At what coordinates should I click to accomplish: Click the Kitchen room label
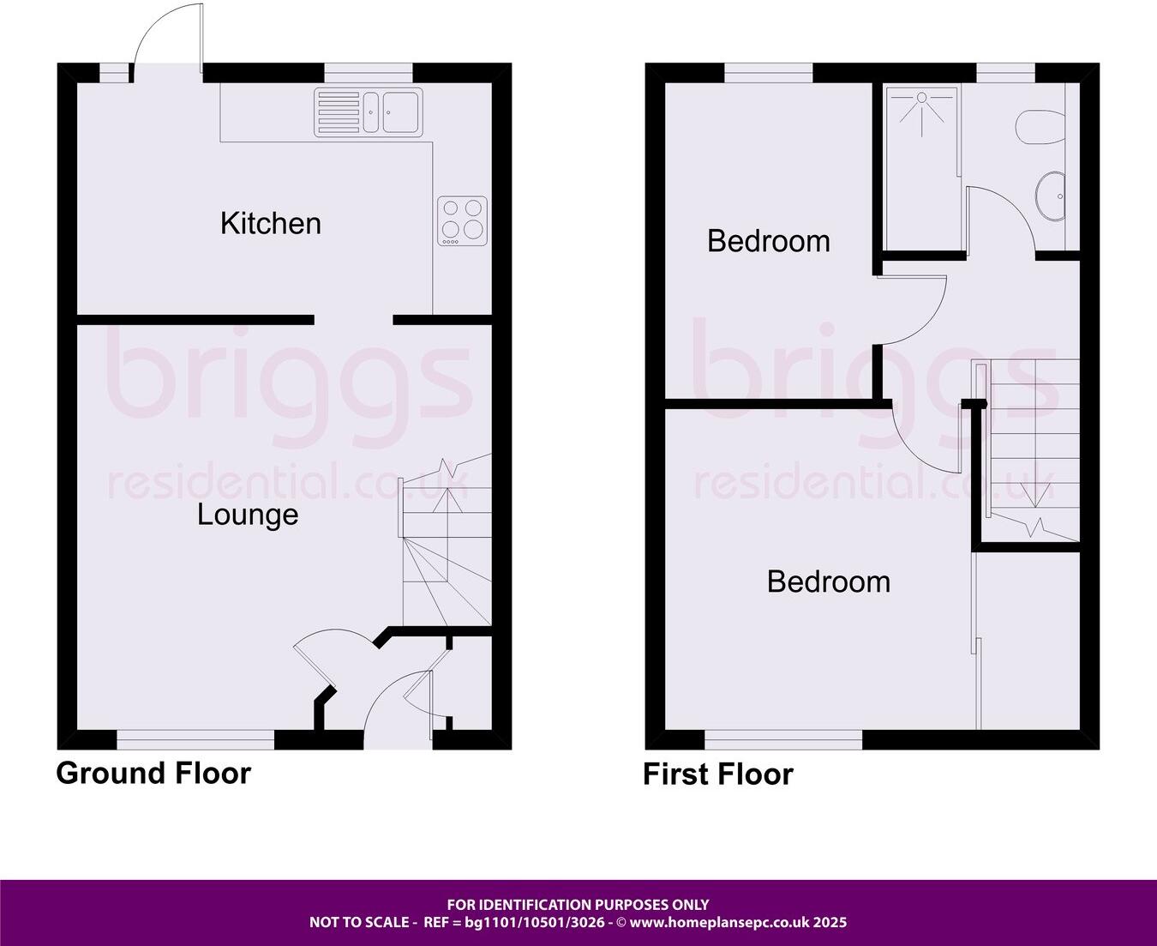click(x=271, y=223)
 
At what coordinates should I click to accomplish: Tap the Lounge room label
click(x=248, y=515)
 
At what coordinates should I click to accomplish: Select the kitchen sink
click(x=368, y=111)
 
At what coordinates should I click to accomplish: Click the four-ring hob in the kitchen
click(x=463, y=220)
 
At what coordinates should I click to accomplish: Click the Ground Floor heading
click(x=153, y=773)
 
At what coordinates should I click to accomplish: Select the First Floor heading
click(x=718, y=774)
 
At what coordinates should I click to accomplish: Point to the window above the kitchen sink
click(x=368, y=75)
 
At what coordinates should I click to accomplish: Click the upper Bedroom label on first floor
click(x=769, y=241)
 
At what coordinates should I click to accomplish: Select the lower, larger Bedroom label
click(x=829, y=581)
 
